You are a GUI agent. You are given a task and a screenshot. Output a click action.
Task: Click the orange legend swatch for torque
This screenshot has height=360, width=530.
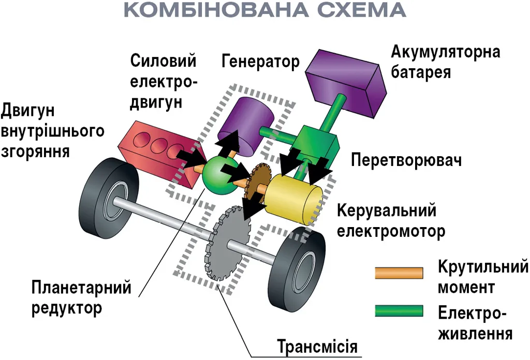pos(399,273)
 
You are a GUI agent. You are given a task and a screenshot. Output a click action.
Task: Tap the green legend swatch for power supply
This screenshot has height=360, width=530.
pos(399,311)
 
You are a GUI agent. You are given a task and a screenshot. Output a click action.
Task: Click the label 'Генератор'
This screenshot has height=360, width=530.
pos(260,62)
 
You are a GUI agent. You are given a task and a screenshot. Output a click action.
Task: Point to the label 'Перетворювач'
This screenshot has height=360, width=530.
pos(406,160)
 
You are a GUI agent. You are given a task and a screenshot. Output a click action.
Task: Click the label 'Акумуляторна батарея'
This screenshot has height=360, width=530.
pos(445,61)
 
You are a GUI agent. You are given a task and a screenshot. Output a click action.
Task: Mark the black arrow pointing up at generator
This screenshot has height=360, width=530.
pos(228,143)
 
